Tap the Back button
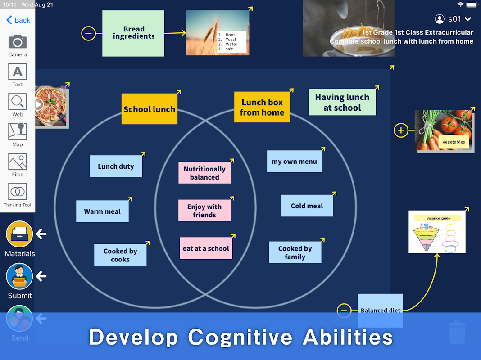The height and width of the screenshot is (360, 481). pos(18,20)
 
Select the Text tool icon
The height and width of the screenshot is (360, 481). pos(18,72)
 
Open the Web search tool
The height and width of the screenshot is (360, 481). pos(18,102)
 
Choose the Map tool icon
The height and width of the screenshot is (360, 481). pos(18,132)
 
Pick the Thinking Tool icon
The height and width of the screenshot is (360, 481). pos(18,192)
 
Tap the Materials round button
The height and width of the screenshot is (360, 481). pos(19,234)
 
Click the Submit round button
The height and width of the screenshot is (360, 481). pos(19,276)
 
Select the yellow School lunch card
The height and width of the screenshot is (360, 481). pos(149,109)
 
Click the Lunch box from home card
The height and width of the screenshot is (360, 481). pos(262,108)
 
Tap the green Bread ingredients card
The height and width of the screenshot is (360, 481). pos(133,33)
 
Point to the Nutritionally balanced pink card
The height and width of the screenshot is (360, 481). pos(204,173)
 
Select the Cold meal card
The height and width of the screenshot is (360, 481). pos(307,206)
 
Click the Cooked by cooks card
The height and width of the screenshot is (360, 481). pos(120,255)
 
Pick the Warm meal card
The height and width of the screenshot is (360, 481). pos(102,211)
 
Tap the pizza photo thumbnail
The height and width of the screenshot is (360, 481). pos(51,107)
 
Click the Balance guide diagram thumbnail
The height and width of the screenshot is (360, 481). pos(437,232)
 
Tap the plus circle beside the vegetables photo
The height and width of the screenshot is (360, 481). pos(401,130)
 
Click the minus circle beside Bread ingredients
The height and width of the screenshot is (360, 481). pos(88,33)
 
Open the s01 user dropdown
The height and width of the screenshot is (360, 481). pos(454,19)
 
